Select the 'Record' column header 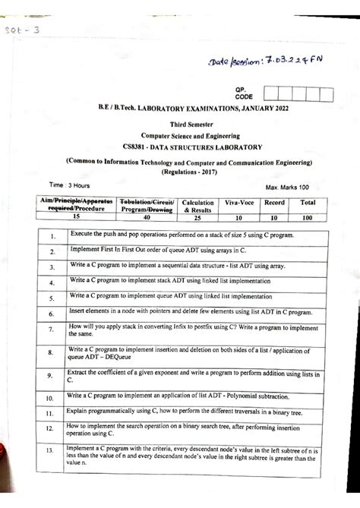pos(274,204)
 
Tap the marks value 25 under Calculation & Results pos(197,216)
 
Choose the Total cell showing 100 pos(308,216)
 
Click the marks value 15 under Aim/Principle pos(76,216)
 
